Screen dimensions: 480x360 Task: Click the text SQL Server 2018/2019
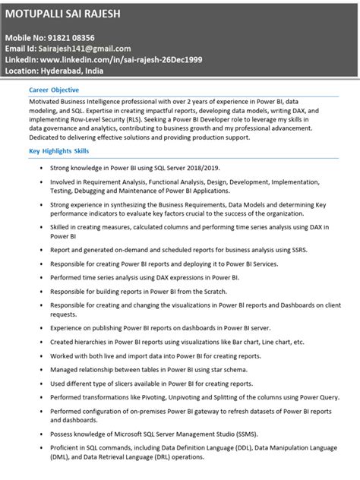click(187, 167)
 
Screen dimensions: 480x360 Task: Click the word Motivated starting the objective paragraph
click(47, 100)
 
